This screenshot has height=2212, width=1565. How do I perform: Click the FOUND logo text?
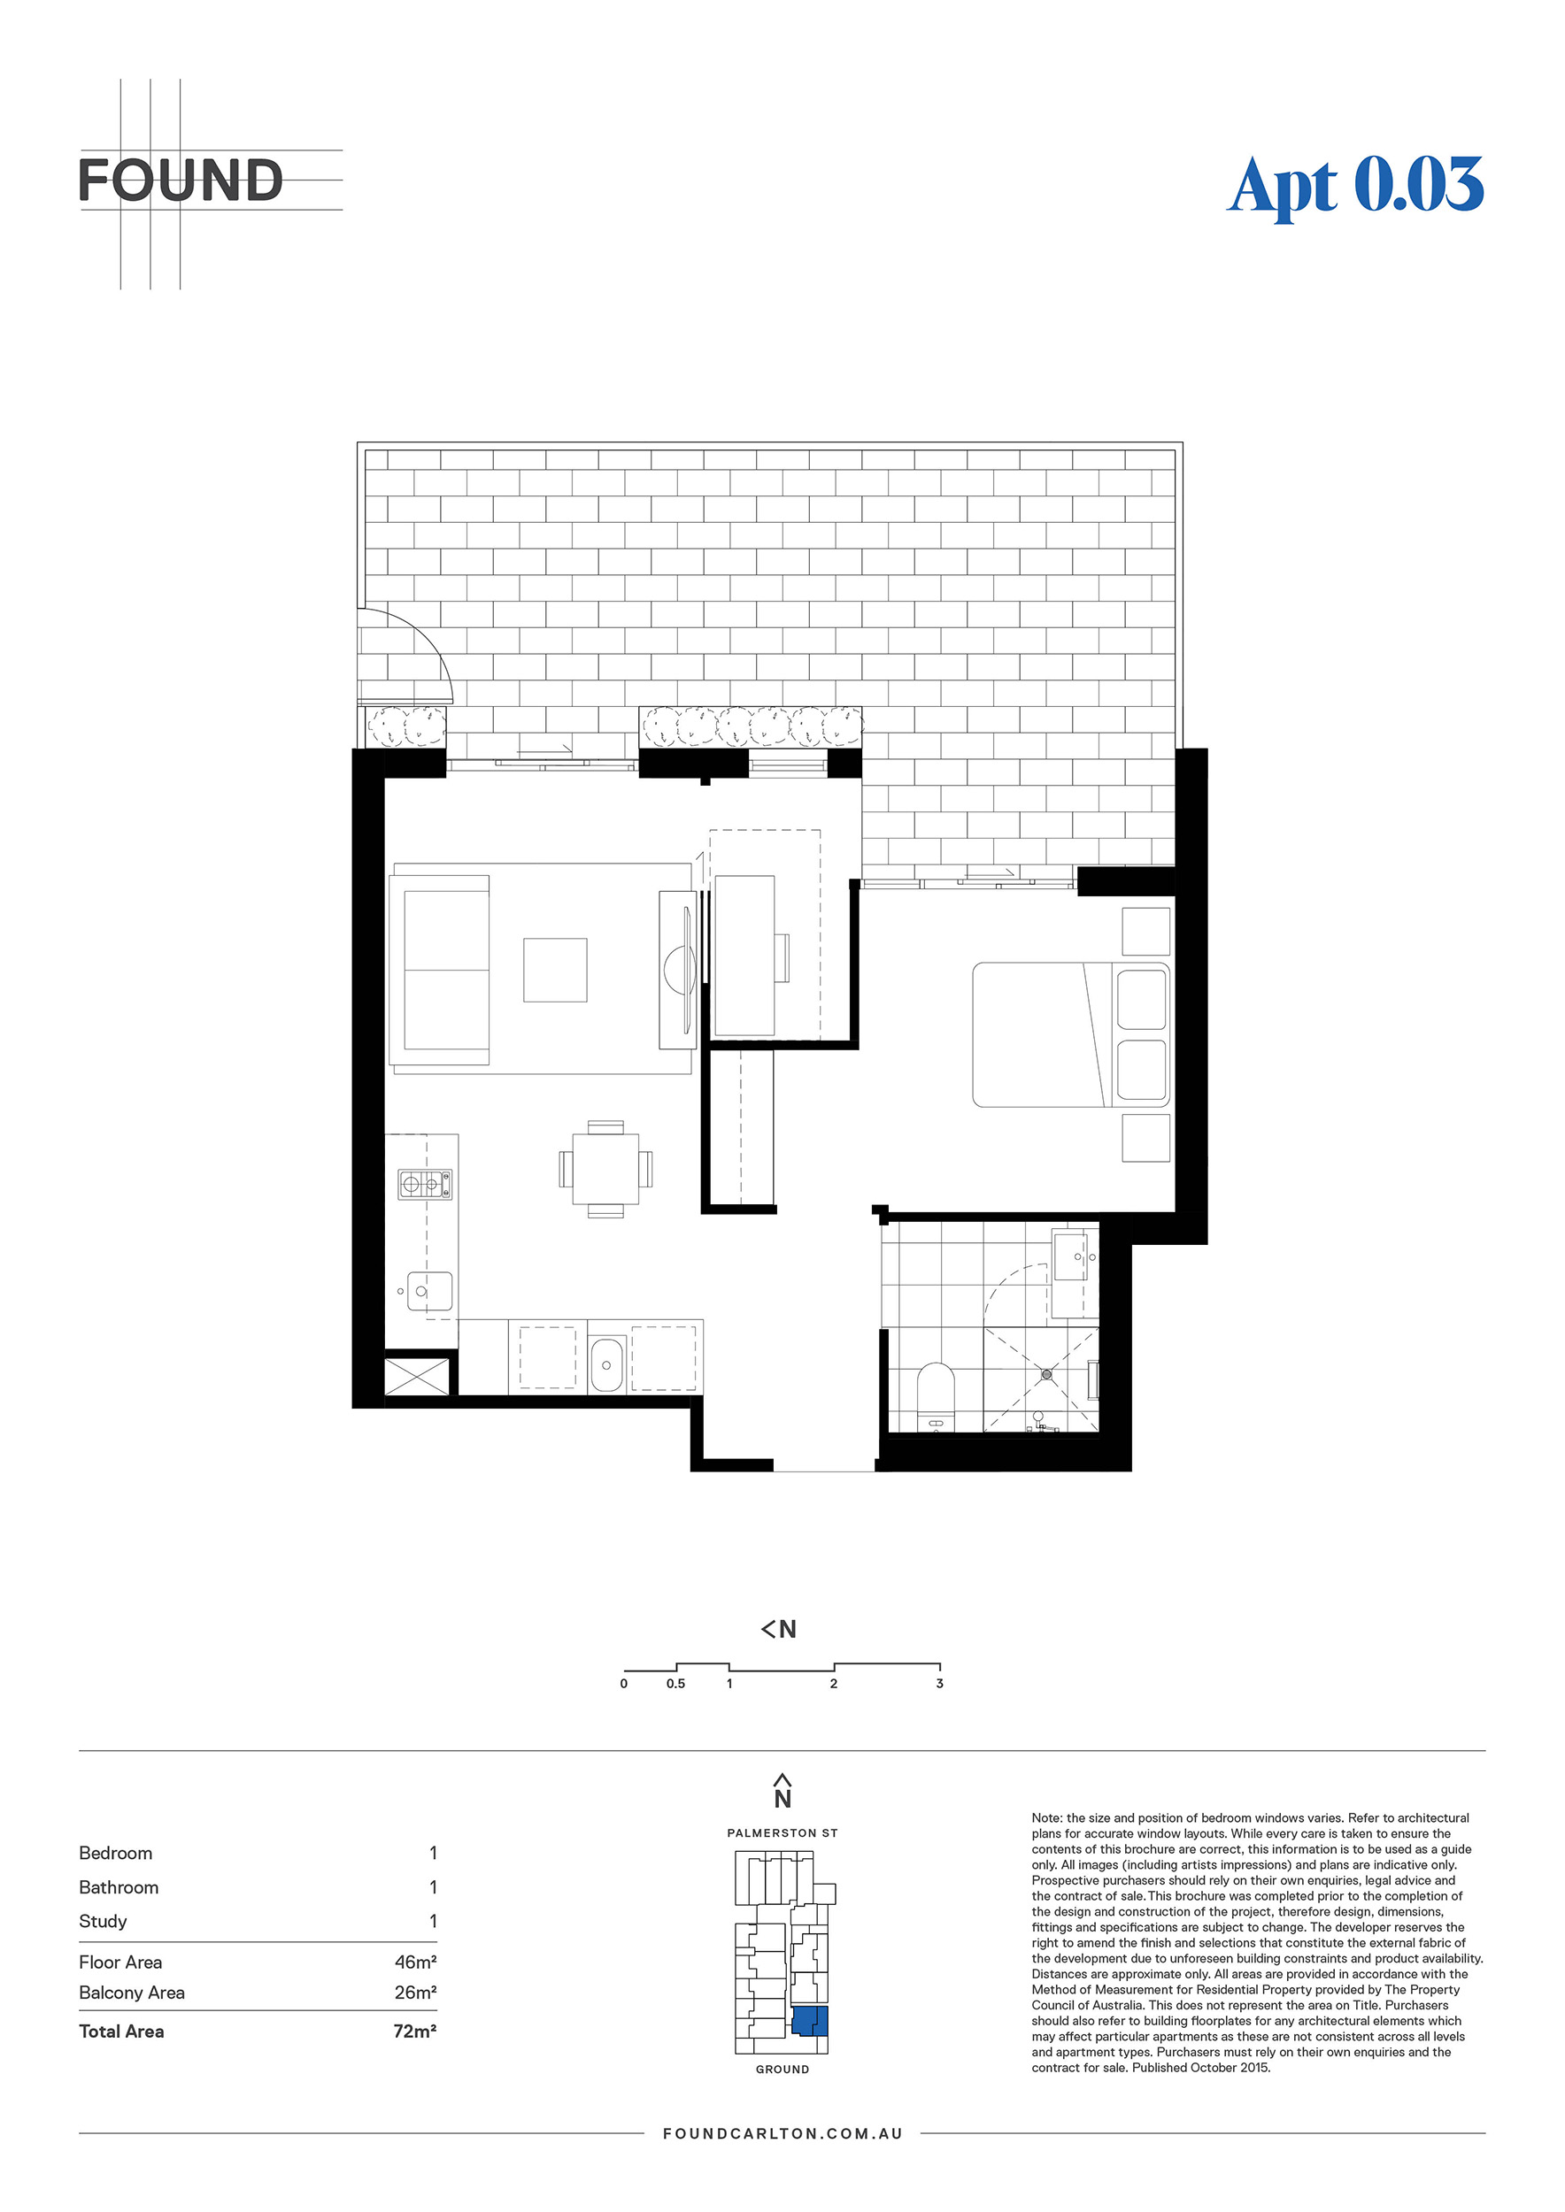pyautogui.click(x=181, y=180)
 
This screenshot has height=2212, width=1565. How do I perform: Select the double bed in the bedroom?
pyautogui.click(x=1071, y=1034)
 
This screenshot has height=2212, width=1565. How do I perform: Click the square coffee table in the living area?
pyautogui.click(x=555, y=970)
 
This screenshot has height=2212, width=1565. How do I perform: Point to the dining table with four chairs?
pyautogui.click(x=605, y=1169)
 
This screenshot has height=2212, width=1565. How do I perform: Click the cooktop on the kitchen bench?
pyautogui.click(x=425, y=1184)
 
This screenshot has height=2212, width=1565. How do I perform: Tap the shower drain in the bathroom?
pyautogui.click(x=1045, y=1375)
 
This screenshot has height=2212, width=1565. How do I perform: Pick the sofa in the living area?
pyautogui.click(x=441, y=970)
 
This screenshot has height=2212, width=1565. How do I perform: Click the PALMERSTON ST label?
pyautogui.click(x=782, y=1832)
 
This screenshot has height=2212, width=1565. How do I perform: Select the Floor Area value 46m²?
pyautogui.click(x=415, y=1962)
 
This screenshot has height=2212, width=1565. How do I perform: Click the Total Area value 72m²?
pyautogui.click(x=415, y=2031)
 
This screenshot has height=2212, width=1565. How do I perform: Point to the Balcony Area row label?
pyautogui.click(x=132, y=1993)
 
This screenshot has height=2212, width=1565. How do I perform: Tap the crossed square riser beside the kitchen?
pyautogui.click(x=417, y=1376)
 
